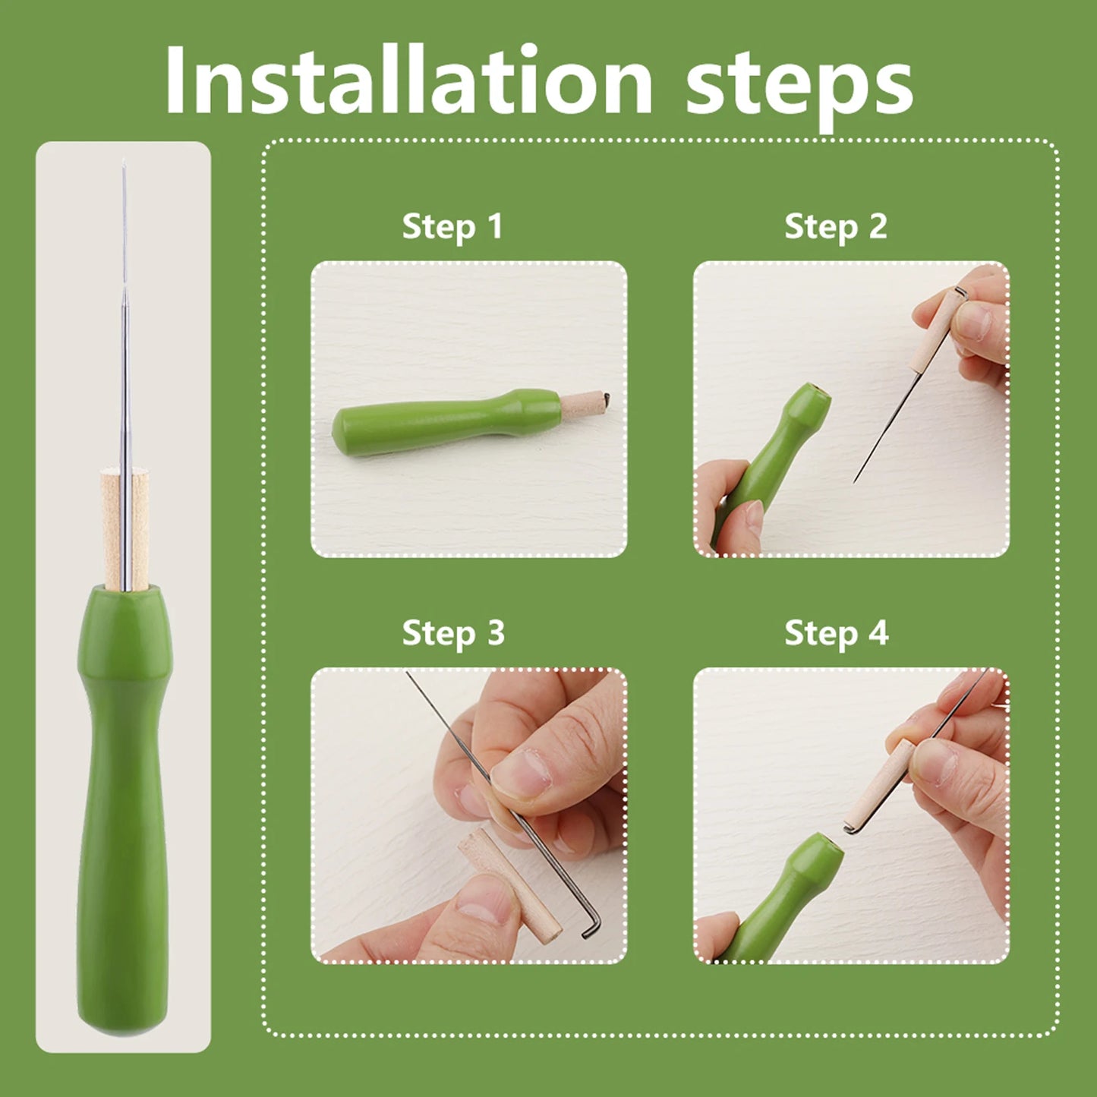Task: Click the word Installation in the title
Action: click(x=408, y=80)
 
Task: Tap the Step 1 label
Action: click(x=452, y=226)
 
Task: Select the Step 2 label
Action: click(x=836, y=226)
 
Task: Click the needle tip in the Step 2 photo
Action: click(x=854, y=483)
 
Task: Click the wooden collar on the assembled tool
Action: click(x=125, y=529)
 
